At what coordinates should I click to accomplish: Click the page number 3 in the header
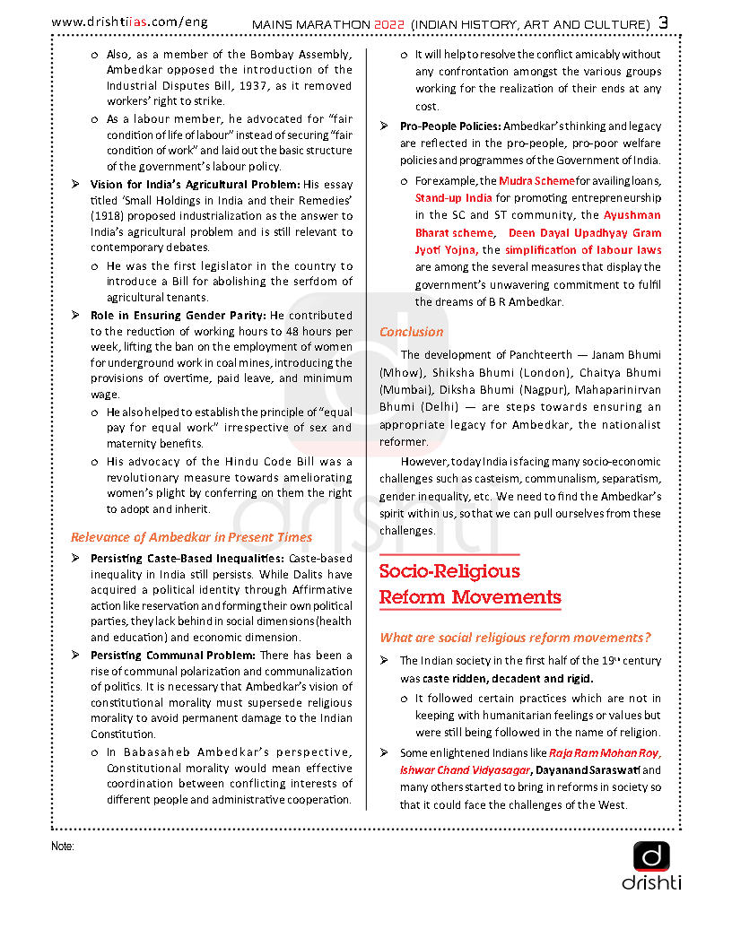(664, 22)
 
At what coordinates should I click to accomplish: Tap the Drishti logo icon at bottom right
(651, 857)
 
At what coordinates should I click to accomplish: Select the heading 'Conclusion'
(411, 332)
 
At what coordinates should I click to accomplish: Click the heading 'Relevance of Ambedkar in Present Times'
(191, 537)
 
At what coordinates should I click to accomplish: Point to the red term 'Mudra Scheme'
(536, 180)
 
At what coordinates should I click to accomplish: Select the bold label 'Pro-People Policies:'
(450, 126)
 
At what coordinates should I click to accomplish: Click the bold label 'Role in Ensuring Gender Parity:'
(179, 316)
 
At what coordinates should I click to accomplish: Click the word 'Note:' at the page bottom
(63, 846)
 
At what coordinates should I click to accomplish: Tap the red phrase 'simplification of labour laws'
(583, 250)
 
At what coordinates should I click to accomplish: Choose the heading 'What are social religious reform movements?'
(515, 638)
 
